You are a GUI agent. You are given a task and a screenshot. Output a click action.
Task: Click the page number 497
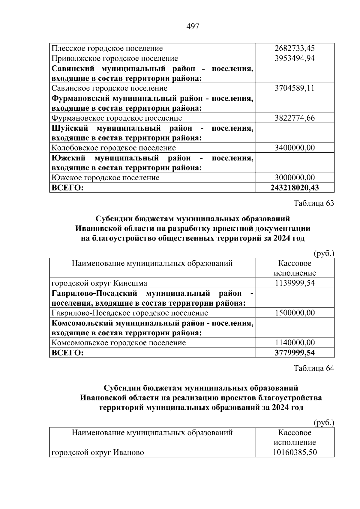[193, 27]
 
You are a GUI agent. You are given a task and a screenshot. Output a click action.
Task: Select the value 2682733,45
[295, 48]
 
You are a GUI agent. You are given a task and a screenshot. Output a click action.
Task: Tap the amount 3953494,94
[295, 58]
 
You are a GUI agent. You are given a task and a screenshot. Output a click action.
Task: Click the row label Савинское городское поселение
[109, 88]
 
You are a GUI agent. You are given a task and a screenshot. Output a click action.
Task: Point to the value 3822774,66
[295, 118]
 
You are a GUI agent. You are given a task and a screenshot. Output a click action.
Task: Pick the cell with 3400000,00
[295, 148]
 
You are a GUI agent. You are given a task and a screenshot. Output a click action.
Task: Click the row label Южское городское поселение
[106, 178]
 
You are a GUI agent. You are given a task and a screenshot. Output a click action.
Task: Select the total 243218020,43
[295, 188]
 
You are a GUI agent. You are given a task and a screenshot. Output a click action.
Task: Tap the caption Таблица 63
[314, 203]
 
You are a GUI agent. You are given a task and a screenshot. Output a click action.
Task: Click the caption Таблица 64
[314, 368]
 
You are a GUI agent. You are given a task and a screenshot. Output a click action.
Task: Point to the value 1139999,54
[295, 283]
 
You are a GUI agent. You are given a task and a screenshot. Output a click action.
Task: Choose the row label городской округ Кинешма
[99, 283]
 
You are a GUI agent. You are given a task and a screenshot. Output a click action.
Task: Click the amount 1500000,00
[295, 313]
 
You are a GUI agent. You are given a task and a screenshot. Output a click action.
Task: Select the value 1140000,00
[295, 343]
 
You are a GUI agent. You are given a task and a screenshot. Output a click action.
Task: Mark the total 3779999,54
[295, 353]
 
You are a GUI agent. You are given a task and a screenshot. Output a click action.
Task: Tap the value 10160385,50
[295, 452]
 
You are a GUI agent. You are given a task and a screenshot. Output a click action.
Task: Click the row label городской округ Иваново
[98, 452]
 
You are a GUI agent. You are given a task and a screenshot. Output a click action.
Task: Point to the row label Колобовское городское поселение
[114, 148]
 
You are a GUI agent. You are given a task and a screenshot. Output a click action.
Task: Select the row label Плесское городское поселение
[107, 48]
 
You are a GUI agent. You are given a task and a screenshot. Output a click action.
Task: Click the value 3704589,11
[295, 88]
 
